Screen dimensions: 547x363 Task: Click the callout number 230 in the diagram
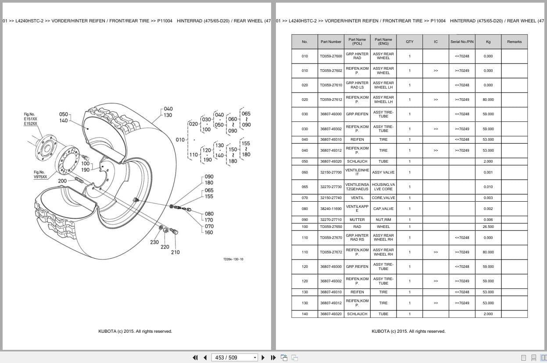tap(154, 242)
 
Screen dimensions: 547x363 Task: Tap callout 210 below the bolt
tap(175, 252)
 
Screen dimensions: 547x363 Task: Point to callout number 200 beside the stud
tap(62, 181)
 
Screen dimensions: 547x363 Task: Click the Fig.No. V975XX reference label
tap(40, 174)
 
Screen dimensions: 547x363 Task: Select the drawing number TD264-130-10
tap(233, 259)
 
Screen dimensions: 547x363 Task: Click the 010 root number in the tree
tap(180, 140)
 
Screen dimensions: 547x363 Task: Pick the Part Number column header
tap(331, 42)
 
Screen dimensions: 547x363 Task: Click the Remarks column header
tap(514, 42)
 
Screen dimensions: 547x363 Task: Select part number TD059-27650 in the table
tap(331, 227)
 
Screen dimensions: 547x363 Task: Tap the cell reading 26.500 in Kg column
tap(488, 227)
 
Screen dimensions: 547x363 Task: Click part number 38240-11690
tap(331, 209)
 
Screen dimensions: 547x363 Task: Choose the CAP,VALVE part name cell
tap(383, 209)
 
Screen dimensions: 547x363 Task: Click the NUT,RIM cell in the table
tap(383, 220)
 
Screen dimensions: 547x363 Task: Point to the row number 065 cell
tap(304, 187)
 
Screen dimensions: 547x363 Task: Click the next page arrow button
tap(263, 358)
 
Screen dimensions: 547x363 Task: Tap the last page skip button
tap(273, 358)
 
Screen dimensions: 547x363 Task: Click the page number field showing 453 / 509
tap(234, 358)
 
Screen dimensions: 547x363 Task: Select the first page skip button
tap(195, 358)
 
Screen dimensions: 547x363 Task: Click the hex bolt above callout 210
tap(174, 231)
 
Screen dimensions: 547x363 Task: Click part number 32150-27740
tap(331, 198)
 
